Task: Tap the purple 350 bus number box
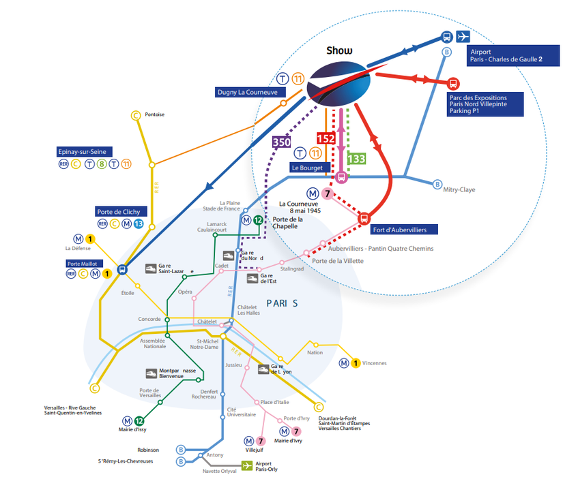[280, 142]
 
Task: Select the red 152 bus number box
[326, 138]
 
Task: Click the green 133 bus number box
[356, 159]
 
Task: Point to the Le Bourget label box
[306, 167]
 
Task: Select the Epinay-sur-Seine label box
[85, 151]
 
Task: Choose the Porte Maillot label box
[83, 264]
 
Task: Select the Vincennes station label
[375, 363]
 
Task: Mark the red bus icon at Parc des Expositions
[452, 84]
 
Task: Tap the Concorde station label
[149, 319]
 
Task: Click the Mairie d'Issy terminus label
[132, 430]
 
